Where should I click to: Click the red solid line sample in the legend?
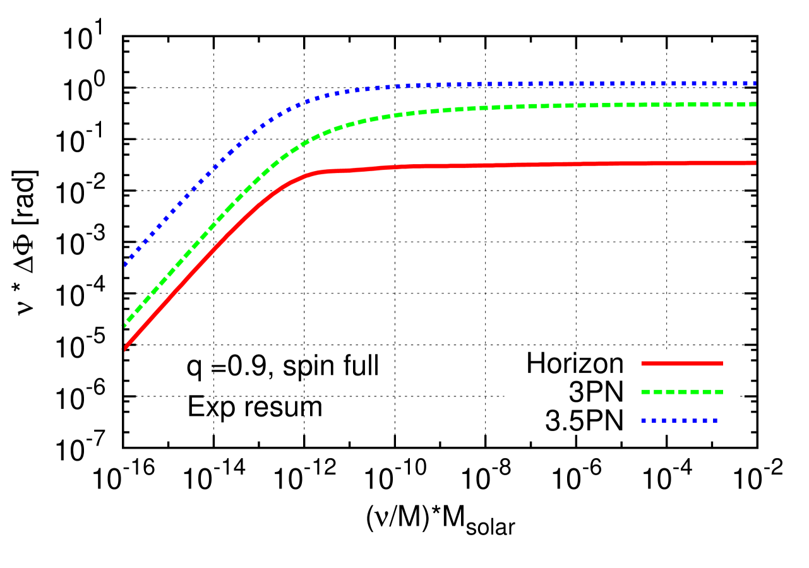tap(681, 364)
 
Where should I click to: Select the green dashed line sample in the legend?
tap(681, 392)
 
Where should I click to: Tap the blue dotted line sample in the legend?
tap(679, 420)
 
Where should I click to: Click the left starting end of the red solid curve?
tap(124, 348)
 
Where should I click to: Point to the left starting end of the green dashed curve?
tap(124, 325)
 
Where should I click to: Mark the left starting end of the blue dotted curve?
tap(126, 264)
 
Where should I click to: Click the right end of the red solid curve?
tap(755, 163)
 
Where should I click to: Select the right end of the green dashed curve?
tap(755, 104)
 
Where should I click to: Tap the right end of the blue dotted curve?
tap(754, 83)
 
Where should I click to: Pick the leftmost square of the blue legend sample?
tap(644, 420)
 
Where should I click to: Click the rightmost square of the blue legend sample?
tap(714, 420)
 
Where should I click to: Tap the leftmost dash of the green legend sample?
tap(645, 392)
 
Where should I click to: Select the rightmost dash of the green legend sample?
tap(719, 392)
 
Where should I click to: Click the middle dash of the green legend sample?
tap(682, 392)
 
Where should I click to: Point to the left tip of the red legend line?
tap(642, 364)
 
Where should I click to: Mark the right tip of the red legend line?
tap(722, 364)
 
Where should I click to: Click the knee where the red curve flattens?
tap(322, 171)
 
